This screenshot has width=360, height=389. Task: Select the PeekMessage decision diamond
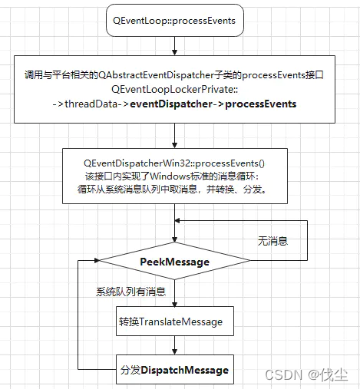coord(174,262)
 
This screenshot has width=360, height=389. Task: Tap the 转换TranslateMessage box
coord(174,321)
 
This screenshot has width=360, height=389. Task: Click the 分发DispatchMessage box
coord(174,370)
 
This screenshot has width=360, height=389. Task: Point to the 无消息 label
coord(272,241)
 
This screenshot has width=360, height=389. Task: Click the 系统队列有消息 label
coord(130,292)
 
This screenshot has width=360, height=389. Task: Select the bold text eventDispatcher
coord(171,104)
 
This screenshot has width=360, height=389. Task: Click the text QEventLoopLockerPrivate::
coord(174,90)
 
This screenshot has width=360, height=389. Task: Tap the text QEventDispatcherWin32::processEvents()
coord(174,164)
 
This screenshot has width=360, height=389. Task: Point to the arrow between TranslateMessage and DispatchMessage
coord(175,346)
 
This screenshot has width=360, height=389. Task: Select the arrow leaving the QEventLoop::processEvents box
coord(175,45)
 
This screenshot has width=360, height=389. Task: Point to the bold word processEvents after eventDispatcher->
coord(261,104)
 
